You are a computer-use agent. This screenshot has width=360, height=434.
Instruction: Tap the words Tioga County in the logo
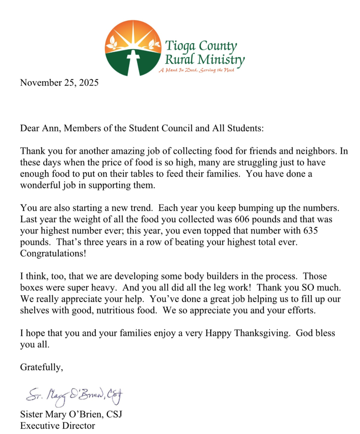coord(201,45)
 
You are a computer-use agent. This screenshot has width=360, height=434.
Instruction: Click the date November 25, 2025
coord(59,83)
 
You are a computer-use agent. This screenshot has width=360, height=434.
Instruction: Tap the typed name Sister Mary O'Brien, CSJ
coord(71,414)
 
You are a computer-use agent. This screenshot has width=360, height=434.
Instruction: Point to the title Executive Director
coord(58,426)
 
